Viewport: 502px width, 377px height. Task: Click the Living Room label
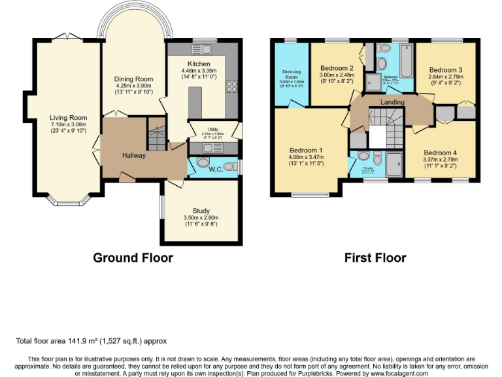[x=68, y=118]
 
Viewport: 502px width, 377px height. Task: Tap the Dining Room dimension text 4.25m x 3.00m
[x=133, y=85]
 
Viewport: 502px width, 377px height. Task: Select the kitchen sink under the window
[x=201, y=49]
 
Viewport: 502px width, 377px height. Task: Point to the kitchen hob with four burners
[x=231, y=85]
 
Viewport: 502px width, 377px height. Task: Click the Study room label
[x=201, y=211]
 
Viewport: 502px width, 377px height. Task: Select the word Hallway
[x=133, y=156]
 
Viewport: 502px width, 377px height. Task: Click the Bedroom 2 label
[x=337, y=68]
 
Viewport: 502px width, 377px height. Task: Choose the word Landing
[x=392, y=102]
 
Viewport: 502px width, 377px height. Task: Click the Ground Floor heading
[x=133, y=257]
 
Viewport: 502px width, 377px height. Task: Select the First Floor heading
[x=375, y=257]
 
